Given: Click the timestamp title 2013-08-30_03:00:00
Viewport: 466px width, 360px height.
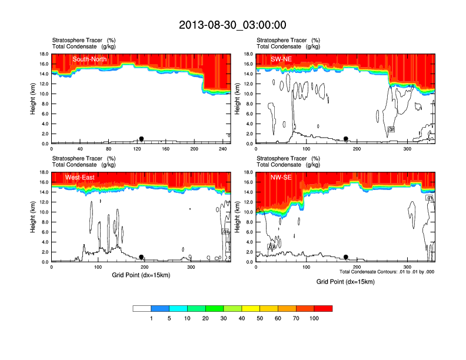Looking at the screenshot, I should coord(232,25).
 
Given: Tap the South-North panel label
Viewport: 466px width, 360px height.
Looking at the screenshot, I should coord(89,59).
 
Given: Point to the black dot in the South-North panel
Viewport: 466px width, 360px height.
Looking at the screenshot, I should coord(141,139).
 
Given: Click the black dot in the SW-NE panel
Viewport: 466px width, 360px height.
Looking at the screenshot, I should coord(346,139).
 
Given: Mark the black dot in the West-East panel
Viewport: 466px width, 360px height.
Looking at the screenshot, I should coord(141,257).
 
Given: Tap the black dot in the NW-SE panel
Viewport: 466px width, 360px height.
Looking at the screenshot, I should coord(346,257).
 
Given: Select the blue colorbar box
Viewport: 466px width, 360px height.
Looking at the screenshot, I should coord(160,308).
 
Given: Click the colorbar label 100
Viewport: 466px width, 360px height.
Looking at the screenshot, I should coord(314,318).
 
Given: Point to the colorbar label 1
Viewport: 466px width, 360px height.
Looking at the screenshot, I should coord(151,318).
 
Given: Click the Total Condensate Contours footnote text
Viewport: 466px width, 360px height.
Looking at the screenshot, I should coord(387,271).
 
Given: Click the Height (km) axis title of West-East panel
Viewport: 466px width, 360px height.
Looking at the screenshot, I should coord(34,217).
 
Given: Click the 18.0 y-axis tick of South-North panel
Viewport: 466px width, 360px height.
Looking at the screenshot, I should coord(44,54).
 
